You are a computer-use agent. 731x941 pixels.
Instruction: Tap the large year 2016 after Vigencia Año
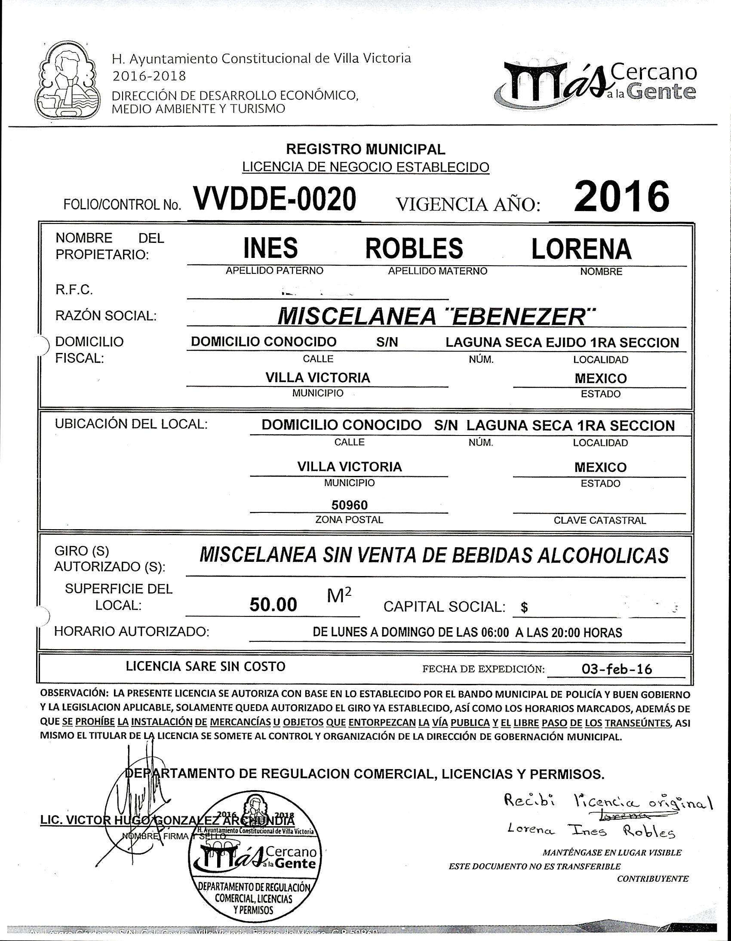(x=621, y=196)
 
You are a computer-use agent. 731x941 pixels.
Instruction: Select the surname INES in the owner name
(x=270, y=248)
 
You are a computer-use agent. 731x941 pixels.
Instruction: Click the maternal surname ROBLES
(x=414, y=248)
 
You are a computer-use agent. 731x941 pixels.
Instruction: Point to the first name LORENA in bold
(x=581, y=249)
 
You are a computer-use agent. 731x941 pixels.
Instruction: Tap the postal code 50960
(x=349, y=505)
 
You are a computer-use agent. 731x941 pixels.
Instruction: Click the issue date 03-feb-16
(x=616, y=670)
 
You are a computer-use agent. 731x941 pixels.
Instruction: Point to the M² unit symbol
(x=339, y=596)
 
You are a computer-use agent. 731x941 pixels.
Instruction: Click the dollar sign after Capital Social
(x=524, y=608)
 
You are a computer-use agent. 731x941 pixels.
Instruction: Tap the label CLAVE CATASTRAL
(x=599, y=521)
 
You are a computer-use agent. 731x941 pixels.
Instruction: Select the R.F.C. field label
(x=74, y=290)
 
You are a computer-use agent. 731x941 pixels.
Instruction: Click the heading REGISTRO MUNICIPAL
(x=365, y=149)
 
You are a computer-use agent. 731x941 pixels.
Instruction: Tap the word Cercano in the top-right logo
(x=654, y=72)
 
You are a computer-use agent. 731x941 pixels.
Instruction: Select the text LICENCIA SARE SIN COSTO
(x=205, y=667)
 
